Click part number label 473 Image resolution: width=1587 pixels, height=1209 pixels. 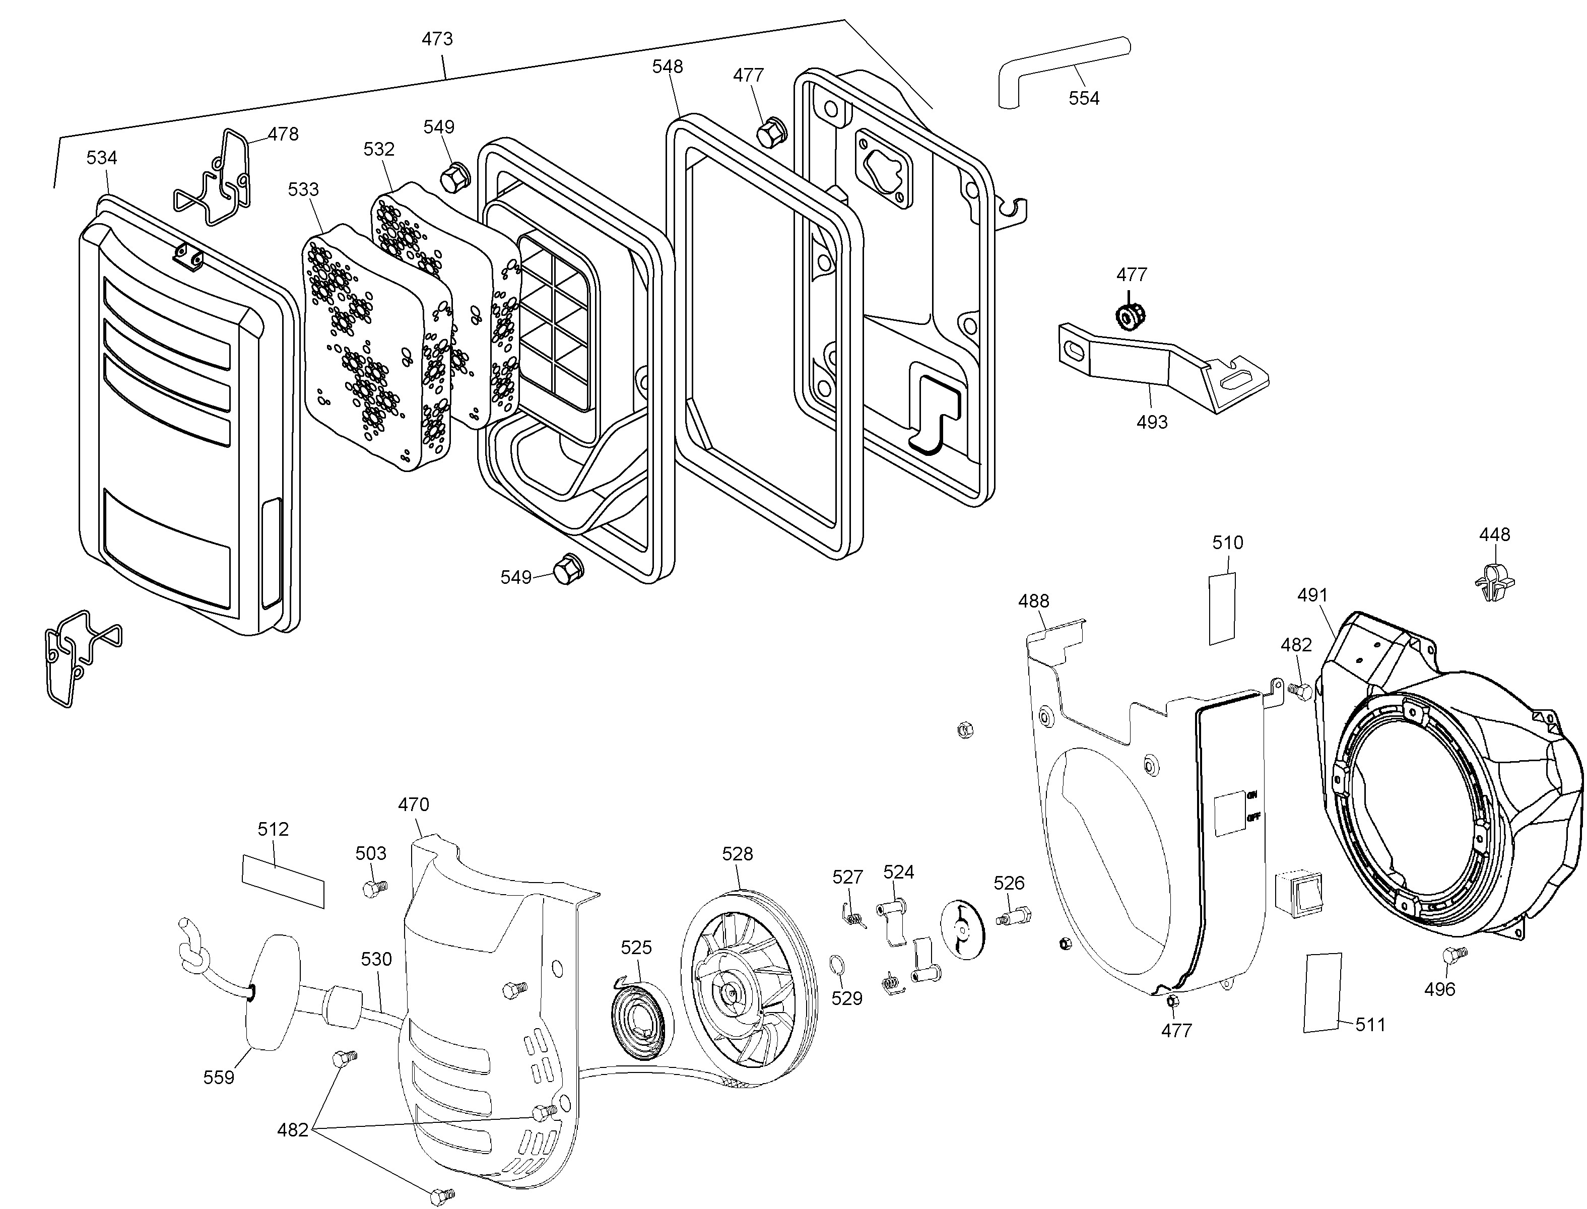(437, 39)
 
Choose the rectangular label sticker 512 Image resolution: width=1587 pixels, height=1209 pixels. (283, 882)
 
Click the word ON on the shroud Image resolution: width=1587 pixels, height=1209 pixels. (1252, 795)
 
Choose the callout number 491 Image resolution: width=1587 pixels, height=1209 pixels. (1312, 595)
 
